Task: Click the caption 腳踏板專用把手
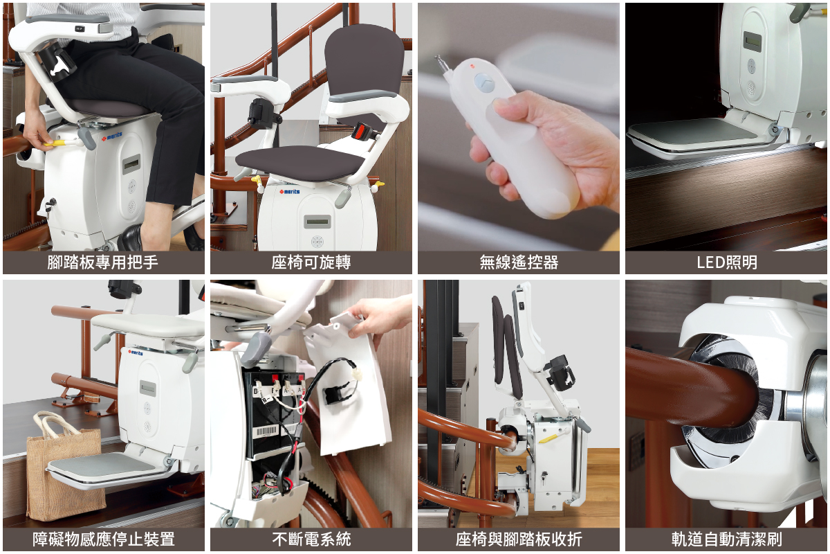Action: coord(102,262)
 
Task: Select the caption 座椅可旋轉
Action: coord(311,262)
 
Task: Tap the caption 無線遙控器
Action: coord(519,262)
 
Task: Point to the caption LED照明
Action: coord(727,262)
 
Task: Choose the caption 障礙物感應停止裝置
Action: coord(103,539)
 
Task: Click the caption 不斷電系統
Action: coord(311,539)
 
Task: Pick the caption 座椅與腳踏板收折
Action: coord(519,539)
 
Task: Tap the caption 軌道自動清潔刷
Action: coord(727,539)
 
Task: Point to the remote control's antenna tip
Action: coord(437,57)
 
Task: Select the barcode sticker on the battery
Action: coord(266,431)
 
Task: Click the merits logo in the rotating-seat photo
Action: coord(289,191)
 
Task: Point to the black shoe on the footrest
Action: coord(131,238)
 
